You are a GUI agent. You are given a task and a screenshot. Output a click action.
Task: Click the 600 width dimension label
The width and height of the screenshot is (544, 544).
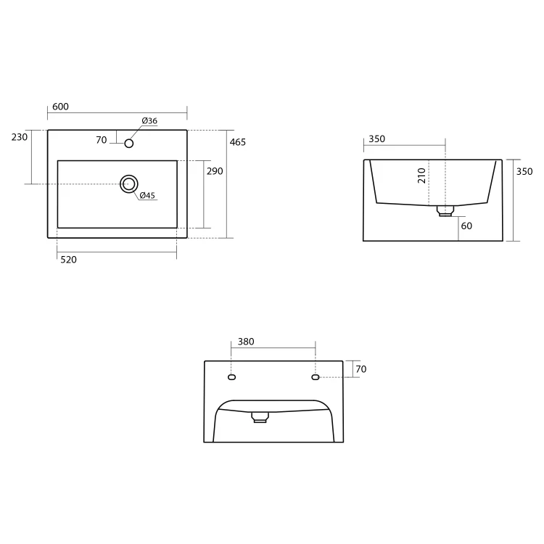(x=60, y=107)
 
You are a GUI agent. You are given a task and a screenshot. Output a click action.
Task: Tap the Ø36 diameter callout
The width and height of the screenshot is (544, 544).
(x=149, y=120)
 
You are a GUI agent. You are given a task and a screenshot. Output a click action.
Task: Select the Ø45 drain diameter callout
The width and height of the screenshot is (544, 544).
(x=147, y=195)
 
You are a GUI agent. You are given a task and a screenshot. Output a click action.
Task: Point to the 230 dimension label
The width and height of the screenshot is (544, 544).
(x=20, y=137)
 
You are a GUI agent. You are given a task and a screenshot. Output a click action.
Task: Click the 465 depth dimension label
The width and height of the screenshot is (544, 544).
(x=238, y=142)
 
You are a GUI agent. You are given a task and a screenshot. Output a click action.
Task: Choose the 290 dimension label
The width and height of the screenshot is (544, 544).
(x=215, y=171)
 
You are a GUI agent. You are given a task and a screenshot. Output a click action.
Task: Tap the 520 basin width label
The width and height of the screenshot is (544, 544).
(x=69, y=260)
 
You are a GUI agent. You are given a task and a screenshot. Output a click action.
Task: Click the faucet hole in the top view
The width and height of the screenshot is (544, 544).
(x=129, y=144)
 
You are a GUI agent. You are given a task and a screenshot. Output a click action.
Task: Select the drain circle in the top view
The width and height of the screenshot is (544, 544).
(x=129, y=184)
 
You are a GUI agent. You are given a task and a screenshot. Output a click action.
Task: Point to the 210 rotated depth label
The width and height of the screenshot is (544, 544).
(x=421, y=176)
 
